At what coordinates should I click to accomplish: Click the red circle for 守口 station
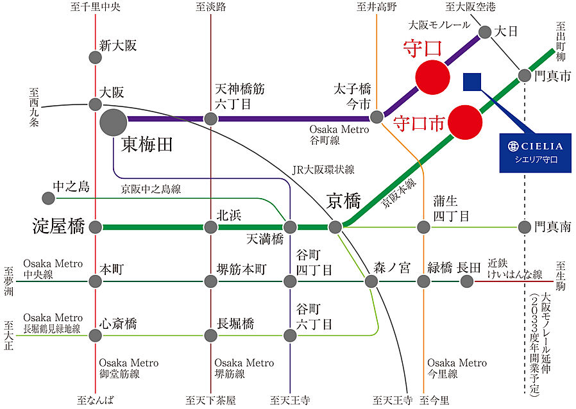coord(432,76)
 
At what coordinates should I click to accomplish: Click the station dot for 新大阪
coord(95,57)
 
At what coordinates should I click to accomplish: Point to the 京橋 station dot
coord(335,226)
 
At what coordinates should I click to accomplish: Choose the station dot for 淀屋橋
coord(96,226)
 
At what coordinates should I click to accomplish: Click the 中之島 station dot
coord(46,197)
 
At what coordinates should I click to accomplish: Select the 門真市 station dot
coord(525,74)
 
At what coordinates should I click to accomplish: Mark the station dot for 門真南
coord(525,226)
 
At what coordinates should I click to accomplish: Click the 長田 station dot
coord(466,281)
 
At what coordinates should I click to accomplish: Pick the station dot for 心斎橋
coord(96,335)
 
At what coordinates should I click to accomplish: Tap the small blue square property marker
coord(472,81)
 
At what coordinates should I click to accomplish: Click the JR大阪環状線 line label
coord(323,170)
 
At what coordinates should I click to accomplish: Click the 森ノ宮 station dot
coord(372,281)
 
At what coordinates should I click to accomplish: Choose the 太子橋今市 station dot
coord(377,117)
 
